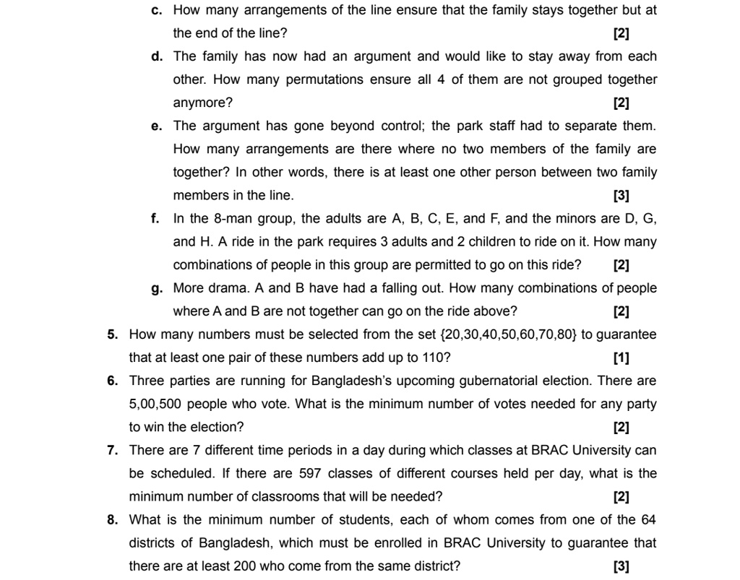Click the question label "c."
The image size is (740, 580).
(156, 10)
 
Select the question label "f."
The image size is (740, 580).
(155, 218)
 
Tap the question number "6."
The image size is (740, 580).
(113, 381)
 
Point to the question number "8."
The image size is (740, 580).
(113, 520)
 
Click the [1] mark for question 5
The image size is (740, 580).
(621, 358)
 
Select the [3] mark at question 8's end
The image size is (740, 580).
(621, 566)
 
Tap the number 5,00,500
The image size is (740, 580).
(155, 404)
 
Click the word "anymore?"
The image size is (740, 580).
(202, 103)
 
